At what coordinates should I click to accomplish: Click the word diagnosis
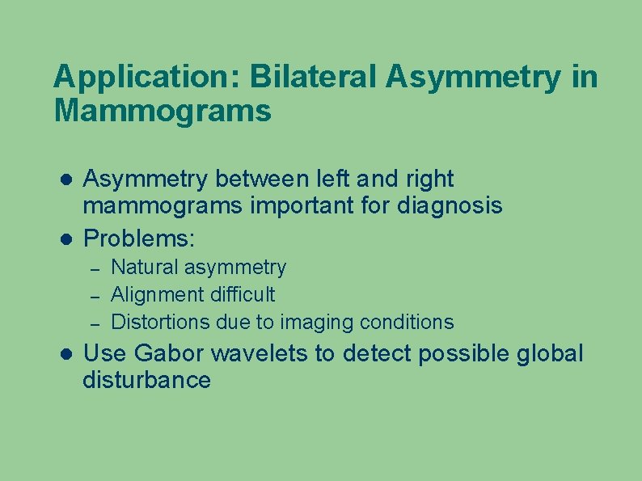[x=450, y=206]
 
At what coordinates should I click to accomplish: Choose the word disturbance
[x=146, y=381]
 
